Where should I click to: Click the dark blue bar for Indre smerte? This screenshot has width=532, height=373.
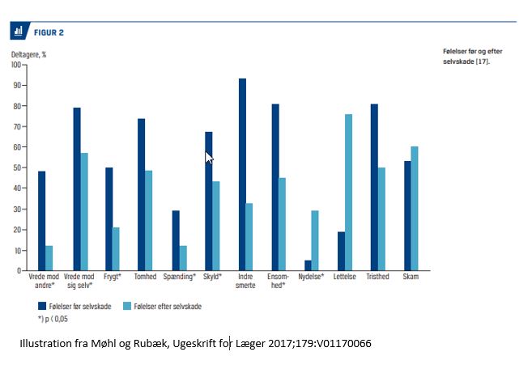coord(241,174)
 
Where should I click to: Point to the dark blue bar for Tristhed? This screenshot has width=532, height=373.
coord(375,187)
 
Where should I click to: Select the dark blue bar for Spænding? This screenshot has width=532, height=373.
coord(175,240)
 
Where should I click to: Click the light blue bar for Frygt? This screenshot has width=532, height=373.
coord(117,249)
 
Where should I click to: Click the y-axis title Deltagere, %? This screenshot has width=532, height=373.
coord(28,53)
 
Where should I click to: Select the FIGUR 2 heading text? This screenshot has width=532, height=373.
coord(49,32)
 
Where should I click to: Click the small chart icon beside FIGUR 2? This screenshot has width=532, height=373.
coord(18,32)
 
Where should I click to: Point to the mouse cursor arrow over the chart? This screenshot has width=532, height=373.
coord(209,158)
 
